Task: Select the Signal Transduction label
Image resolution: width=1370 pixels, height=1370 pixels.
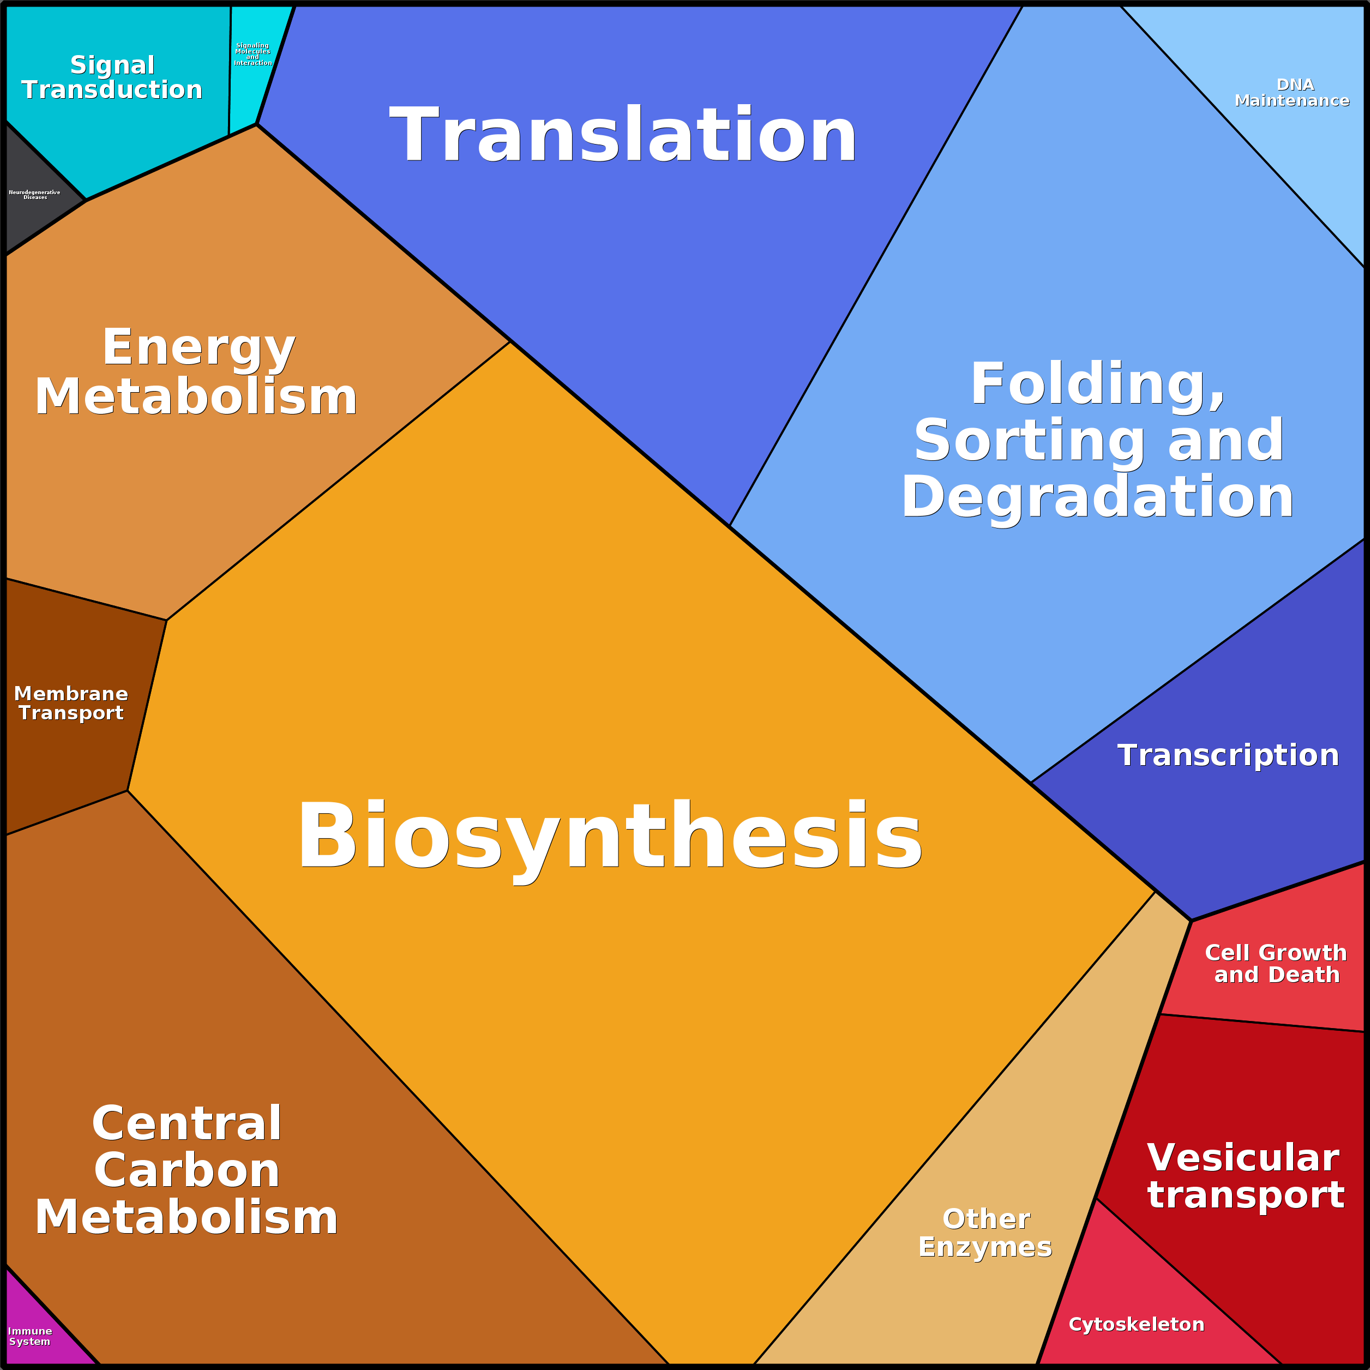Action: (112, 77)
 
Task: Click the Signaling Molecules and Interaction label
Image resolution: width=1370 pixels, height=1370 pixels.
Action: (253, 54)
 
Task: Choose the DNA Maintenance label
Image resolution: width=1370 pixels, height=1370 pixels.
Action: (1291, 93)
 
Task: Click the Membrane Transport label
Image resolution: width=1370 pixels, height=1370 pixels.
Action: (71, 703)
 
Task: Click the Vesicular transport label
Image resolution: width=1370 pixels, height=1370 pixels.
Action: (1245, 1177)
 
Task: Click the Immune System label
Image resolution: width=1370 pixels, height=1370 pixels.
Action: (30, 1336)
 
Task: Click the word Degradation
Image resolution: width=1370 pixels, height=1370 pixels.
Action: (1098, 498)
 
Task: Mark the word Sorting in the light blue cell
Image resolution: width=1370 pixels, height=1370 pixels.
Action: (1029, 441)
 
